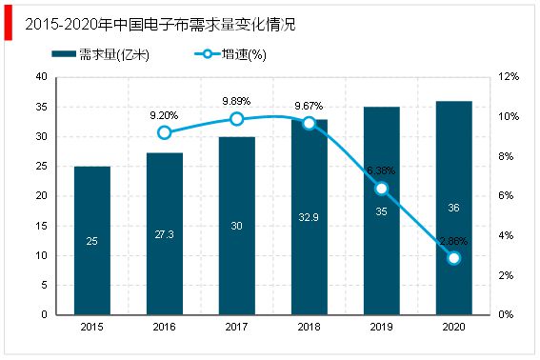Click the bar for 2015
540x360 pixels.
pyautogui.click(x=92, y=240)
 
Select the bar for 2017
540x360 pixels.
pyautogui.click(x=237, y=226)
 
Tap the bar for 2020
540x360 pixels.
pyautogui.click(x=453, y=208)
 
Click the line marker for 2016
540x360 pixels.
pyautogui.click(x=165, y=132)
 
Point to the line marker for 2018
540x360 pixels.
pyautogui.click(x=310, y=123)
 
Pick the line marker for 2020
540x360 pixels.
pyautogui.click(x=453, y=258)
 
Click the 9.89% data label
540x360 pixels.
pyautogui.click(x=237, y=101)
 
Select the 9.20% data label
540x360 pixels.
pyautogui.click(x=165, y=114)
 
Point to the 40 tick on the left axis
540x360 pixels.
pyautogui.click(x=42, y=77)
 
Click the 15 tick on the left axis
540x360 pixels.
pyautogui.click(x=42, y=226)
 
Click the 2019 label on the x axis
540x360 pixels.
pyautogui.click(x=381, y=328)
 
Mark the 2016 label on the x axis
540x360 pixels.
pyautogui.click(x=165, y=328)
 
